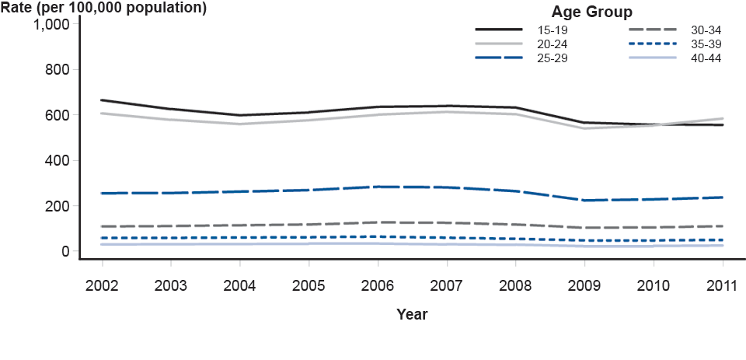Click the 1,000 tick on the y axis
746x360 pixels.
(52, 24)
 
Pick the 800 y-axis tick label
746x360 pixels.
(58, 69)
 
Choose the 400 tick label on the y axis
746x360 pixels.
(58, 160)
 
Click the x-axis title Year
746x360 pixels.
(412, 315)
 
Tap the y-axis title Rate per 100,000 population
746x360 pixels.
(103, 9)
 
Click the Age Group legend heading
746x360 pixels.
(591, 12)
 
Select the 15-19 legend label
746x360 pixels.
(553, 30)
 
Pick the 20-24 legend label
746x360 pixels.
(553, 44)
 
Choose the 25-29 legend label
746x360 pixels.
(553, 58)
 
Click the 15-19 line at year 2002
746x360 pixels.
(102, 100)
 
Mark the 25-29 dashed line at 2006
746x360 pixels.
(378, 187)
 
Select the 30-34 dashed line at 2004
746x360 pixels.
(239, 225)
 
